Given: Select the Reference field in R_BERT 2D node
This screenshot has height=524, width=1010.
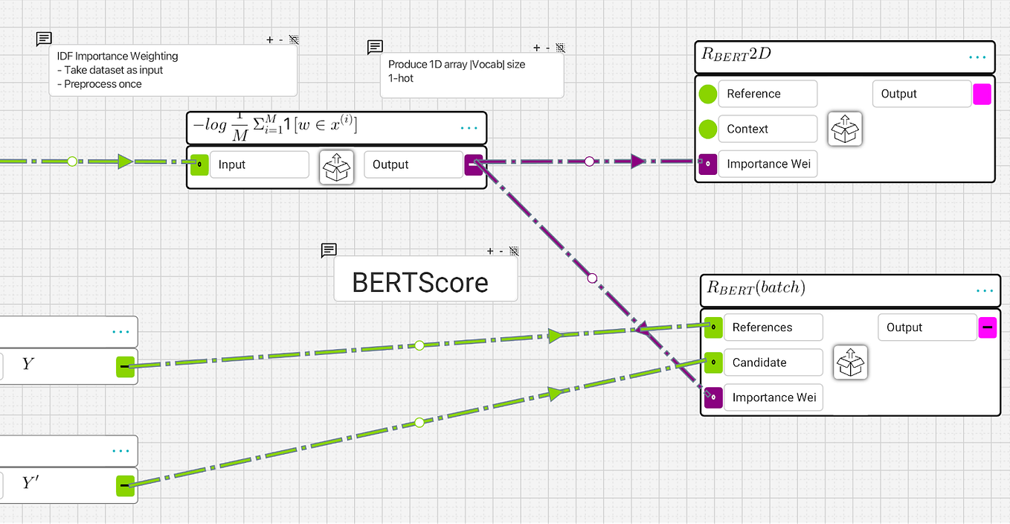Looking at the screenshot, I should click(x=767, y=94).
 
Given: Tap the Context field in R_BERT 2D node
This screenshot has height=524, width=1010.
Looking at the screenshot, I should click(x=767, y=129).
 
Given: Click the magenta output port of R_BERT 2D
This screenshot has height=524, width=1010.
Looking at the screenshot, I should click(x=982, y=94).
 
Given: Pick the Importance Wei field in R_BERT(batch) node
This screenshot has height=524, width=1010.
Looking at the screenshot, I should click(x=773, y=397).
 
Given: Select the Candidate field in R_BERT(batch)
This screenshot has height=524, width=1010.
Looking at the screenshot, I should click(x=772, y=362).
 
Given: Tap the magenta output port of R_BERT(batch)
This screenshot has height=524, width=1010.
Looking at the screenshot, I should click(x=987, y=327).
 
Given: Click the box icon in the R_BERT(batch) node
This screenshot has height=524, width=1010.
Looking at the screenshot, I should click(x=850, y=362).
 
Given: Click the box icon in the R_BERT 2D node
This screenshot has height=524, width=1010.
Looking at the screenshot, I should click(x=845, y=129).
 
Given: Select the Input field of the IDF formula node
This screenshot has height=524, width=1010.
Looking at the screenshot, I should click(x=258, y=164).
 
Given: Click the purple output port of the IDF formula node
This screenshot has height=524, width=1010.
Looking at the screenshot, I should click(x=474, y=164).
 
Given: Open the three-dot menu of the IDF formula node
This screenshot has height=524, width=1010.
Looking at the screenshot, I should click(x=469, y=128).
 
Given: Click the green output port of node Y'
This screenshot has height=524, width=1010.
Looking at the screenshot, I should click(x=125, y=486).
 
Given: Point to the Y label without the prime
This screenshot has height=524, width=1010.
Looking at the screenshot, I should click(x=28, y=365).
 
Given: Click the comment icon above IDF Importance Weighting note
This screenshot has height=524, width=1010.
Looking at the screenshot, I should click(x=44, y=39).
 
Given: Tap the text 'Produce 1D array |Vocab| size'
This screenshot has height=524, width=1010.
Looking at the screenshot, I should click(x=457, y=65).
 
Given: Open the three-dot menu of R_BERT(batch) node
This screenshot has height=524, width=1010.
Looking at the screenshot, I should click(x=984, y=291).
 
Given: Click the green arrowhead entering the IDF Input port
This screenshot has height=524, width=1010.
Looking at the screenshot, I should click(x=125, y=161).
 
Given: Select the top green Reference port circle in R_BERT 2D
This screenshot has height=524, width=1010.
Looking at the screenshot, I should click(x=708, y=94).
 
